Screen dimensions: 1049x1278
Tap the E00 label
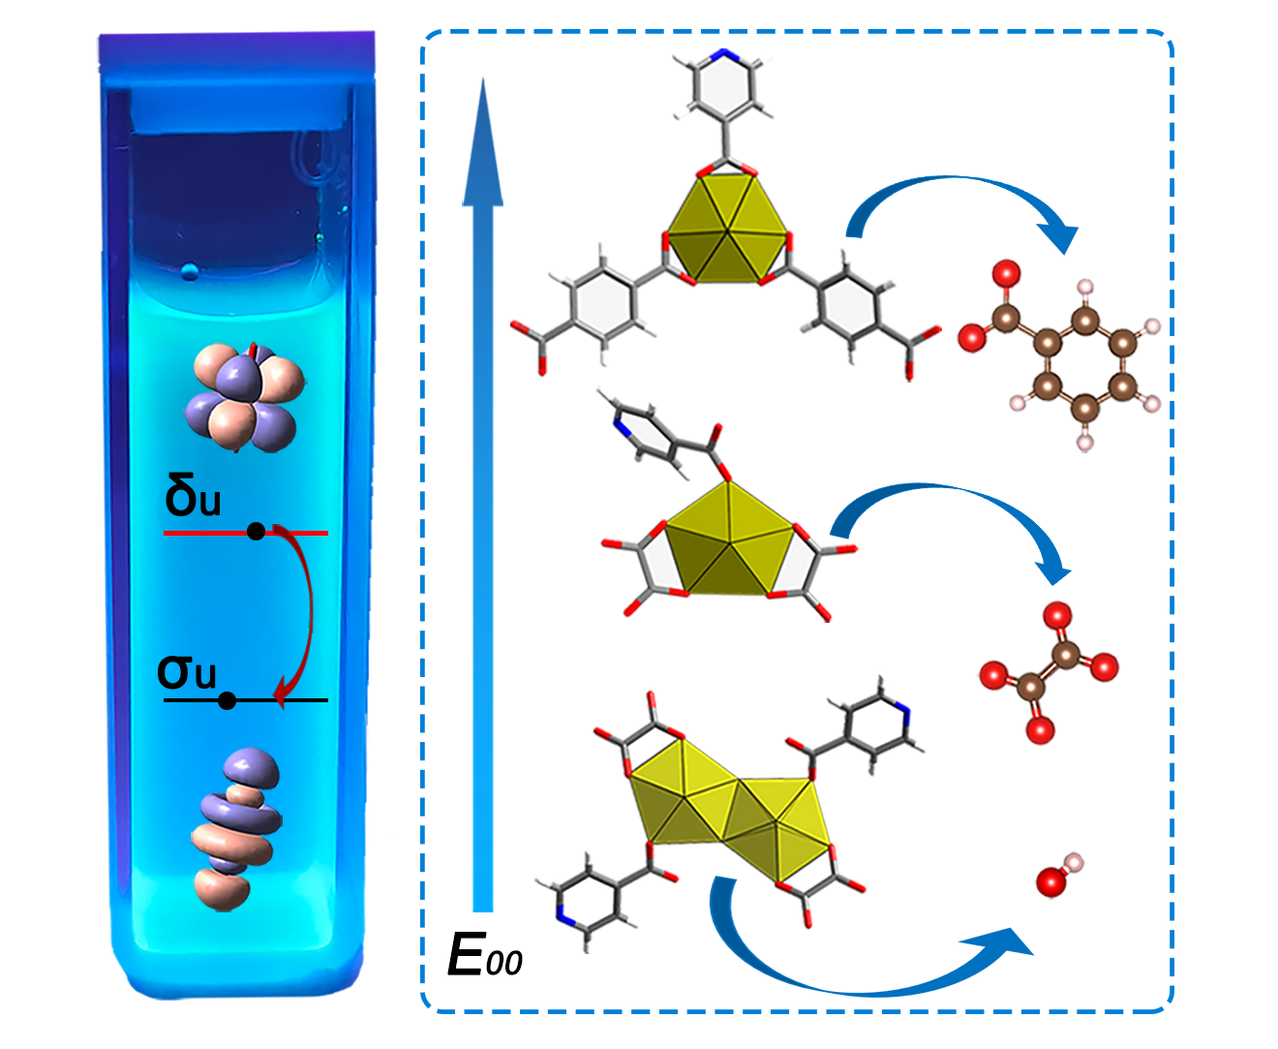click(x=484, y=956)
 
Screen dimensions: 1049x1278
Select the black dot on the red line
click(x=256, y=531)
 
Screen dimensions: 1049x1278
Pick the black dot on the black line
click(x=227, y=700)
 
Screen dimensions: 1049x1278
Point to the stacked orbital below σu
click(x=237, y=828)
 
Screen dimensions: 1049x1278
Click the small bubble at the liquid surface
click(x=191, y=270)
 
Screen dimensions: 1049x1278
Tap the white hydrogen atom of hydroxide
click(x=1072, y=862)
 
